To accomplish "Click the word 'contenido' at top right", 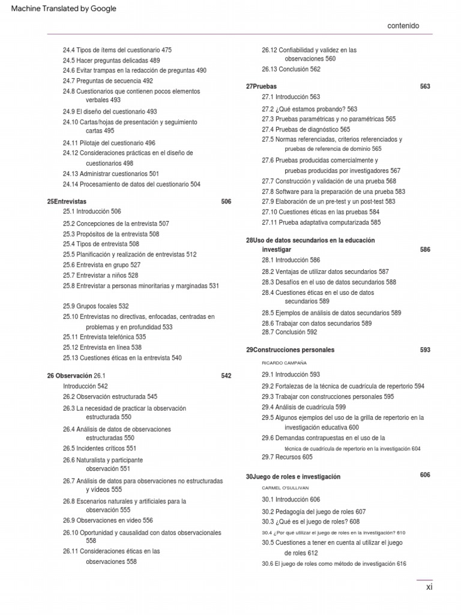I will (403, 26).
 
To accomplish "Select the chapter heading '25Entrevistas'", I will (67, 202).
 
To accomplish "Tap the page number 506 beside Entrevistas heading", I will (226, 202).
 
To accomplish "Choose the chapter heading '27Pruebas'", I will (261, 86).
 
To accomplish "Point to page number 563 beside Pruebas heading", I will (425, 86).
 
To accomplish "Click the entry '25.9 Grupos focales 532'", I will (96, 306).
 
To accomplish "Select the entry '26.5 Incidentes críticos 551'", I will (100, 448).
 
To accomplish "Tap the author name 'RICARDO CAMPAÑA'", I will (284, 363).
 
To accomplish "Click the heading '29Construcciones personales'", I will (290, 350).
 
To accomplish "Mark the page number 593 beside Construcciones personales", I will (425, 350).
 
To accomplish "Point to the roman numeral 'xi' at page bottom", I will (429, 587).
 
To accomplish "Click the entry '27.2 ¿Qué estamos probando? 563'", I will (309, 109).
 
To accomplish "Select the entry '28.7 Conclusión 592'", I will (289, 332).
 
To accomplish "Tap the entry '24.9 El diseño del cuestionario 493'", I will (110, 111).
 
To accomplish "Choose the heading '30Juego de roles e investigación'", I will (293, 477).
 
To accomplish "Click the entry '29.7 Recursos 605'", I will (287, 457).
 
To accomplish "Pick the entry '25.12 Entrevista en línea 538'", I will (102, 347).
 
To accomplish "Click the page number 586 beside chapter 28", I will (425, 249).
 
